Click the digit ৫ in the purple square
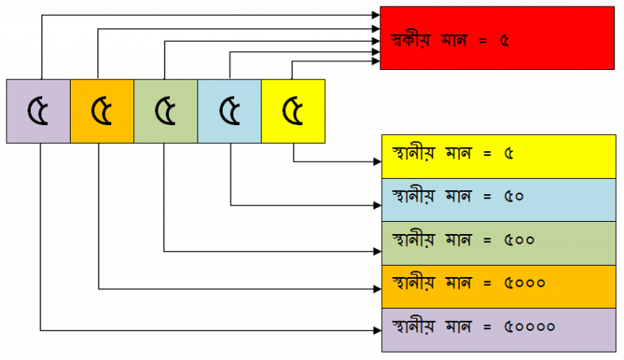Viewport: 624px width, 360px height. (x=38, y=111)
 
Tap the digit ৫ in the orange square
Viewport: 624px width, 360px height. (x=102, y=111)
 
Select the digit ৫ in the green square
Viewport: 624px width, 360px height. (x=165, y=111)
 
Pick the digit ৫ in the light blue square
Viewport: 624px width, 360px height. (x=230, y=111)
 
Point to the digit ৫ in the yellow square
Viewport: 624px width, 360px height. (x=292, y=111)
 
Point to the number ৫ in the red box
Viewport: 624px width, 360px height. (x=505, y=41)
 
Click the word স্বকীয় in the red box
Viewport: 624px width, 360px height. (x=411, y=40)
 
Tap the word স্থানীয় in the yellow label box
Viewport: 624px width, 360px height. (x=413, y=154)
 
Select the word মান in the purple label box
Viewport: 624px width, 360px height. (x=458, y=327)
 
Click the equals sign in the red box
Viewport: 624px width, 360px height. (x=483, y=41)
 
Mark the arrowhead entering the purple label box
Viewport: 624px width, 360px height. (x=378, y=330)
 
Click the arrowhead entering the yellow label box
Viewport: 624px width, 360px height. (x=378, y=161)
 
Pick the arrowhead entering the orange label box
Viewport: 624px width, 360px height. (x=378, y=289)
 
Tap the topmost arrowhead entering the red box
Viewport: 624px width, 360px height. (x=376, y=15)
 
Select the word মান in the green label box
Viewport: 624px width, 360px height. (x=458, y=240)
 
